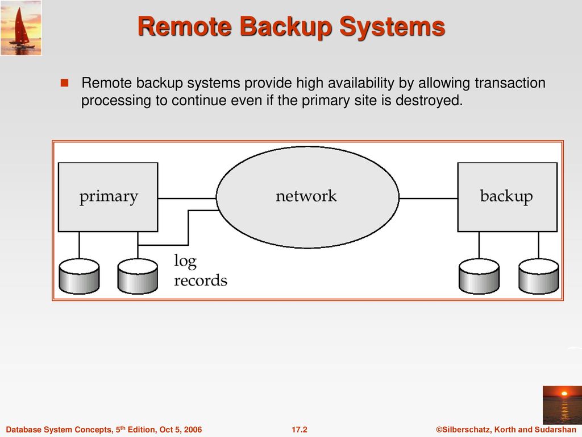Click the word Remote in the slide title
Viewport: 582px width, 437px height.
[178, 27]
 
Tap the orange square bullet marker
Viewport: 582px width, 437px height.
[64, 84]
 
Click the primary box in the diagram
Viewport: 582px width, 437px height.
[108, 197]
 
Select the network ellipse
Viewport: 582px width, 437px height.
[307, 197]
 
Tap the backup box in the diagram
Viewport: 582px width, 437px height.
[507, 197]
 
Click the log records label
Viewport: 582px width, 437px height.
[199, 271]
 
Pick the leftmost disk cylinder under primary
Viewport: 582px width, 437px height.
[79, 276]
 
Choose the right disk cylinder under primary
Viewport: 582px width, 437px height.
[138, 276]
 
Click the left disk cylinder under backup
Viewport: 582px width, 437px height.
[479, 276]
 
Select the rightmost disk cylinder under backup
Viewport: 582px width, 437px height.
[538, 276]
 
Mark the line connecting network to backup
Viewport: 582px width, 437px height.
[429, 199]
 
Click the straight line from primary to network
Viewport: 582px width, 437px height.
[186, 199]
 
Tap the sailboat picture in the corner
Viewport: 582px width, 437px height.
[21, 27]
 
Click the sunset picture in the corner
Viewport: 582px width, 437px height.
[562, 405]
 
